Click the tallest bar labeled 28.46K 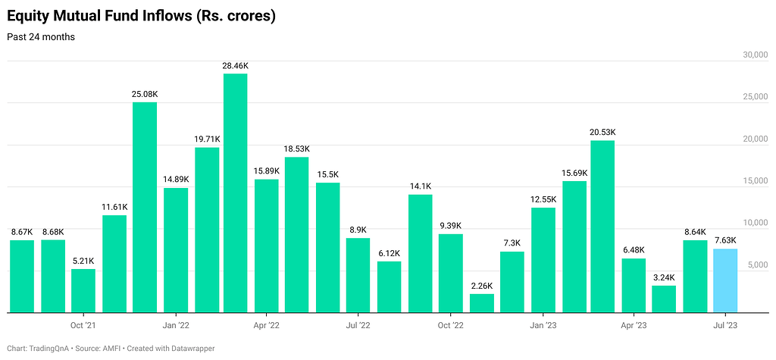tap(236, 193)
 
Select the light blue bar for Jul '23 tap(725, 280)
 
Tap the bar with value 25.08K tap(145, 207)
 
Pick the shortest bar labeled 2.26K tap(481, 302)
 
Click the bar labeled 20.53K tap(602, 226)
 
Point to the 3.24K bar tap(664, 299)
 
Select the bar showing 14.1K tap(420, 253)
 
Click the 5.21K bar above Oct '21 tap(83, 290)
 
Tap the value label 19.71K tap(207, 139)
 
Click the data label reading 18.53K tap(297, 149)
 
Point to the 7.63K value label tap(725, 241)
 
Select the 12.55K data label tap(543, 199)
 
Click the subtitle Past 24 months tap(41, 36)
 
